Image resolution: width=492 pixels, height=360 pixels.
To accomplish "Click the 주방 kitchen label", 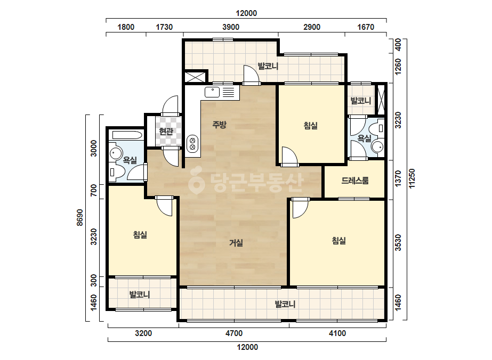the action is click(219, 125).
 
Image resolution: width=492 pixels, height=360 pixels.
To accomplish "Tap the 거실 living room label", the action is click(236, 243).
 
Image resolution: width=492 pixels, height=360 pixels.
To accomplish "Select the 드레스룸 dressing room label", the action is click(355, 181).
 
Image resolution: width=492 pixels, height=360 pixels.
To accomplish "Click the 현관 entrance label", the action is click(166, 131).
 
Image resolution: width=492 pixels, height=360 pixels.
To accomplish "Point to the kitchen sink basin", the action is click(212, 92).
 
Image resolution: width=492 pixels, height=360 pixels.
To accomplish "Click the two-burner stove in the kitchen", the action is click(192, 143).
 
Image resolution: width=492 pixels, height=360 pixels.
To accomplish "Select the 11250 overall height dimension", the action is click(412, 179).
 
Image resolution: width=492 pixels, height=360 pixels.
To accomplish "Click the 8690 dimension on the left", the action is click(80, 217).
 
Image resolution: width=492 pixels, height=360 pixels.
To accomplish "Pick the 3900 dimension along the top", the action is click(231, 27).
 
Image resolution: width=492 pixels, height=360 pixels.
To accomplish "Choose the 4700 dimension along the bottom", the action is click(234, 333).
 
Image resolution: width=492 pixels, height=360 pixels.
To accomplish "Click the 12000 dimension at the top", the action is click(246, 13).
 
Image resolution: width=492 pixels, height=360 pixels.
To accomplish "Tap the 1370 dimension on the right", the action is click(398, 178).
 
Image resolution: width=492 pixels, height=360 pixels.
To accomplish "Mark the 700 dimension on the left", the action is click(93, 190).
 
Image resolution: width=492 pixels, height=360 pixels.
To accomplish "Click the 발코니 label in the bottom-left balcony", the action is click(140, 295).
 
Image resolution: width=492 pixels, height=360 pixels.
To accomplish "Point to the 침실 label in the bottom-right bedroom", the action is click(339, 241).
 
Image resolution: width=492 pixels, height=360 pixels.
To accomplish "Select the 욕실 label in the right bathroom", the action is click(364, 138).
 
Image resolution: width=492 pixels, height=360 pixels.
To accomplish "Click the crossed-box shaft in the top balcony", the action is click(195, 77).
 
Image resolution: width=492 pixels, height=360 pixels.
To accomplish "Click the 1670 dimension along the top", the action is click(366, 27).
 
